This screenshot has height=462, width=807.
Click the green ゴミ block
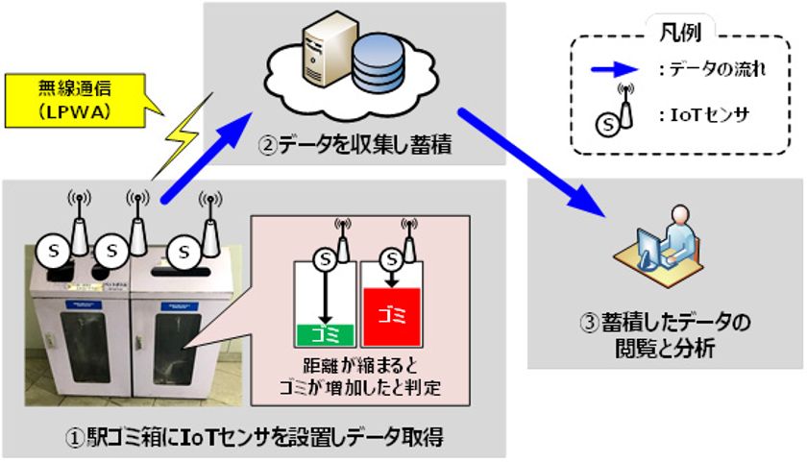click(324, 333)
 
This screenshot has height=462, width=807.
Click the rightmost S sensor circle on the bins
click(181, 253)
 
